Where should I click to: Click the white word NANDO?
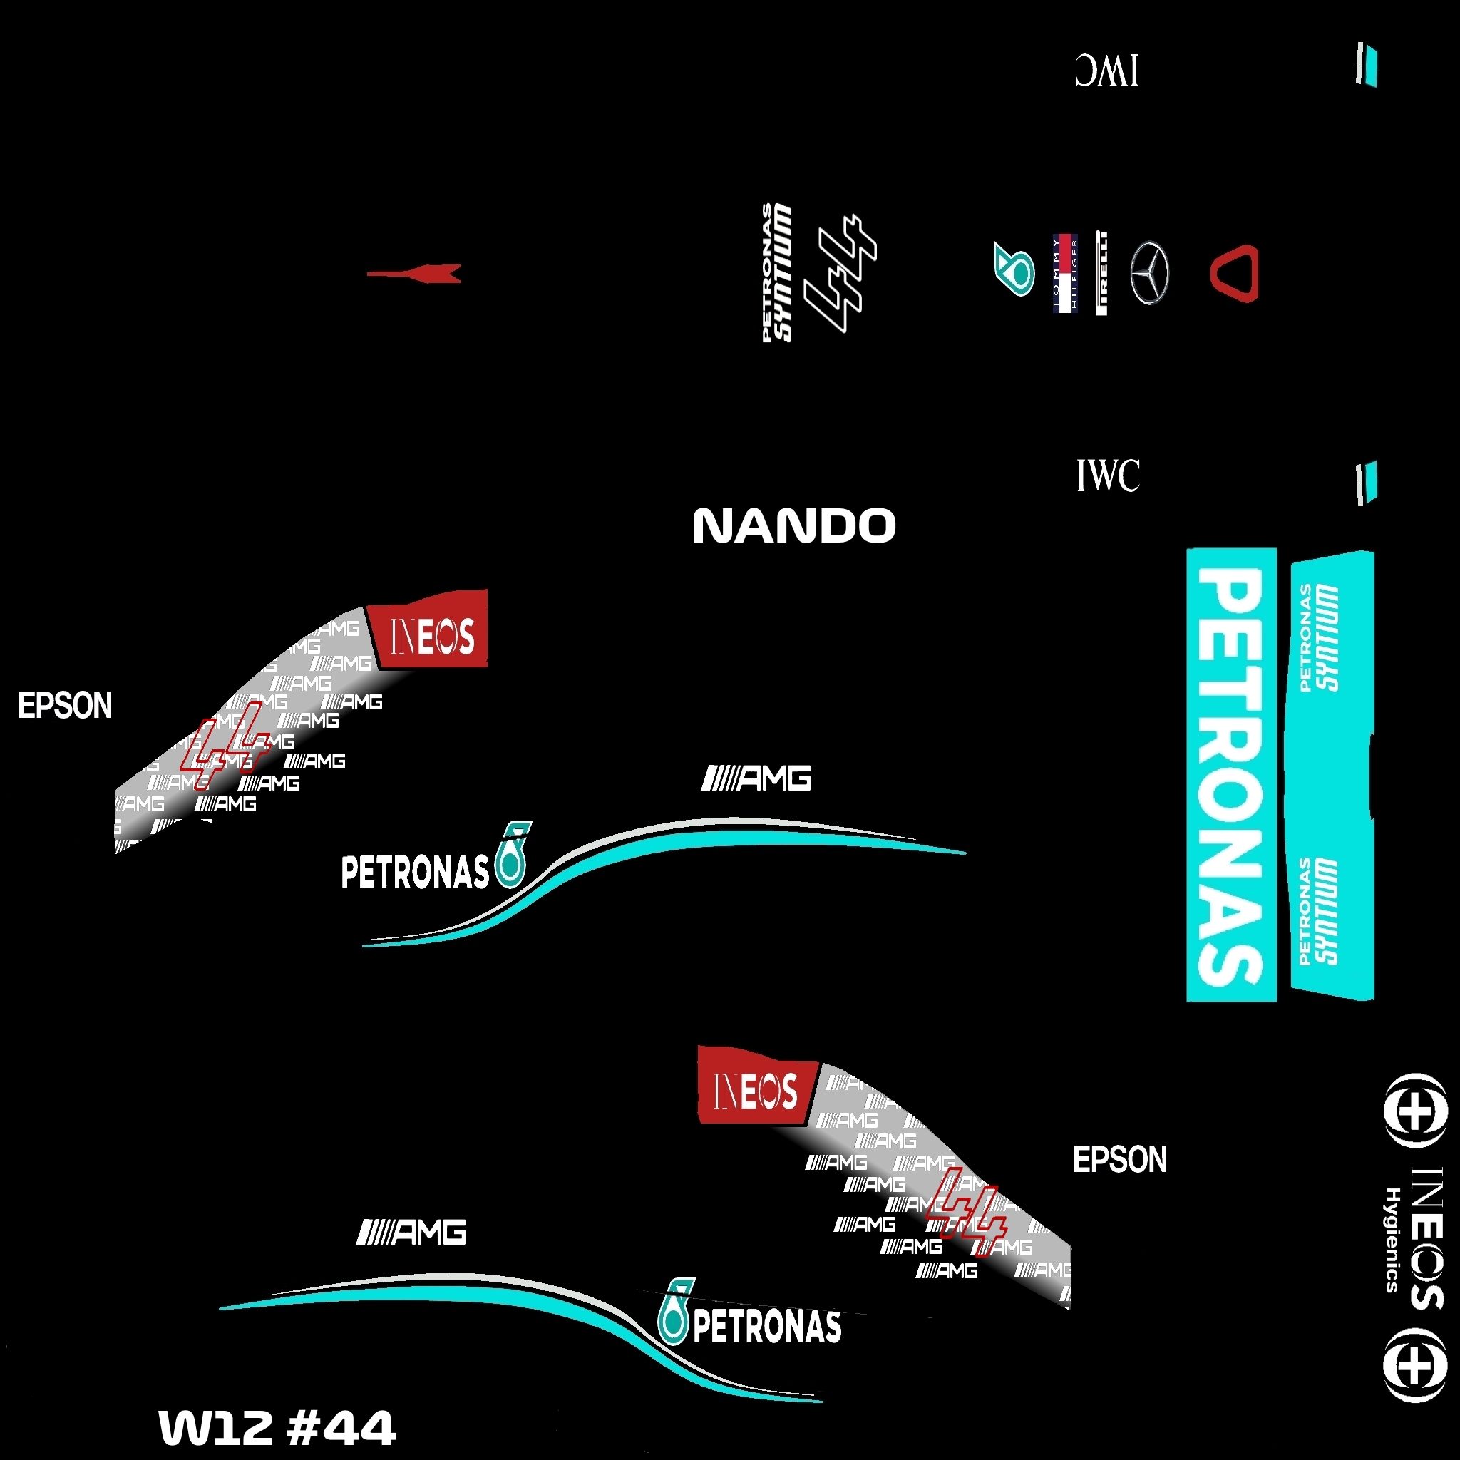point(793,526)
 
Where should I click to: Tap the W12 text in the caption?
point(215,1427)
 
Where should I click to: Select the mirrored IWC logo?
point(1106,71)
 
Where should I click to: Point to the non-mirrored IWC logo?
point(1108,475)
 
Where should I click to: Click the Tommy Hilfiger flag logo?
point(1065,273)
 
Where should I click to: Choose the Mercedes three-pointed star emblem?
point(1149,273)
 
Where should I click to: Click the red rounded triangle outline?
point(1235,273)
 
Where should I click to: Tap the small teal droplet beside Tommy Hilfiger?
point(1014,269)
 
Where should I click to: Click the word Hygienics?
point(1393,1239)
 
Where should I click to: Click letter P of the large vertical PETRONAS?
point(1230,601)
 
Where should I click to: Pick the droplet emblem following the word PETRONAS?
point(512,855)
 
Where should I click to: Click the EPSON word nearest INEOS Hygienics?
point(1120,1159)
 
